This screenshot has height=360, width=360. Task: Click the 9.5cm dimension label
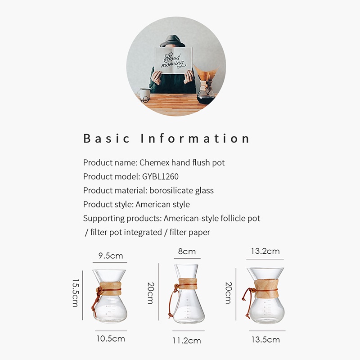[111, 256]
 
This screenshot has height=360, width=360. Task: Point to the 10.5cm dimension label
[110, 338]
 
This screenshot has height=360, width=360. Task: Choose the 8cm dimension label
[187, 252]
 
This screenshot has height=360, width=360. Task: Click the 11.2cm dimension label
[186, 341]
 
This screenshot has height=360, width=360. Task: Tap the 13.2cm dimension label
[265, 251]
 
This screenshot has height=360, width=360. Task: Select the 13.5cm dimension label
[265, 339]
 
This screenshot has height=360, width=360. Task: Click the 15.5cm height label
[76, 292]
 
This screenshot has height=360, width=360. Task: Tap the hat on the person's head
[173, 41]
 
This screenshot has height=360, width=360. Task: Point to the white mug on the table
[144, 94]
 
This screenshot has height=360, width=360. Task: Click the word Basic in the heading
[107, 138]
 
